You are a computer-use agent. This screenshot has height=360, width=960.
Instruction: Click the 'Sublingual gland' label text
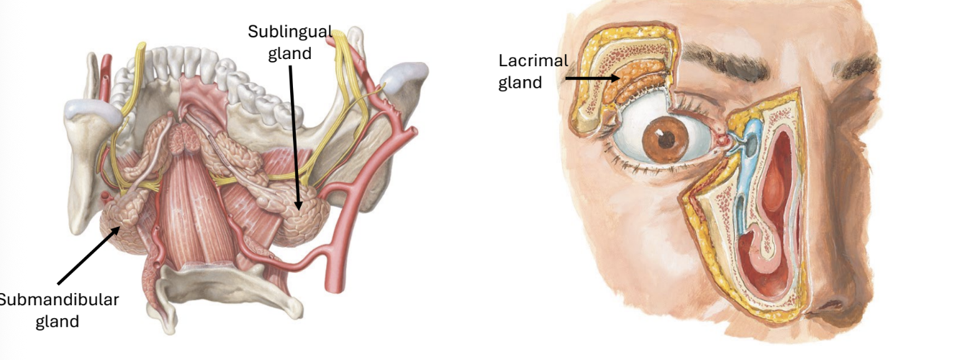pos(290,42)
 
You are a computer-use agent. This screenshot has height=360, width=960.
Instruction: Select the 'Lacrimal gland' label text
pos(533,71)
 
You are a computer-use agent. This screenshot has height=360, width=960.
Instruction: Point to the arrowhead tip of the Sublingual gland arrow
pos(298,210)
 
